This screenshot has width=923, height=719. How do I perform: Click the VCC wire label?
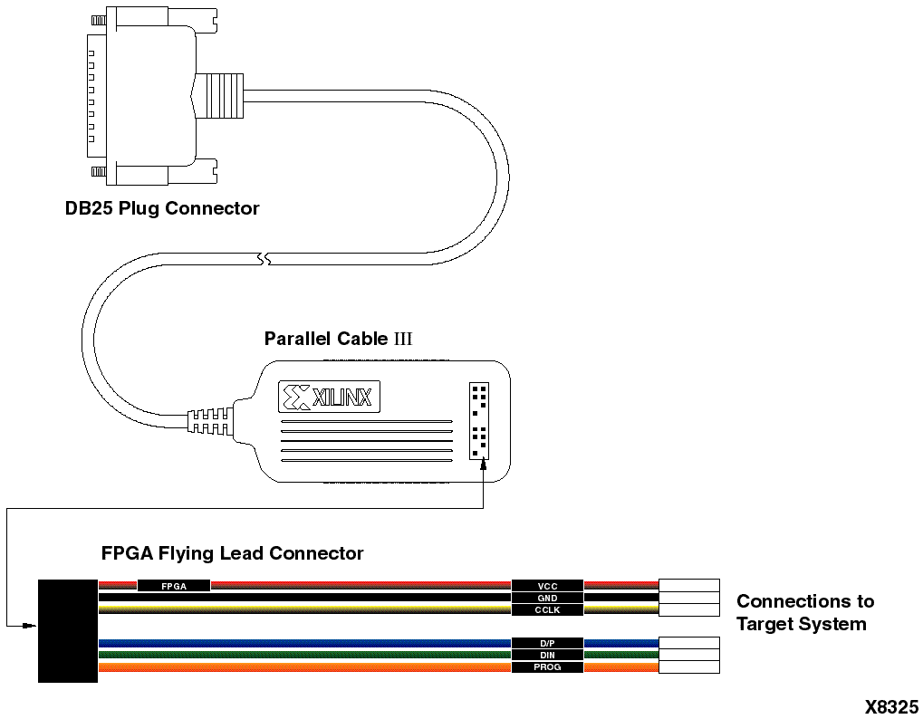click(547, 586)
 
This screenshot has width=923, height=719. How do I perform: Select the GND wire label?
click(547, 598)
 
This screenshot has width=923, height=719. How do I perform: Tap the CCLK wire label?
click(547, 610)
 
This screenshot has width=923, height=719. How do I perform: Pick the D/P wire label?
click(547, 643)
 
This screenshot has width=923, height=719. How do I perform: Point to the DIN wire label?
click(547, 655)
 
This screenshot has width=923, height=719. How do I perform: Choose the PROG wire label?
click(547, 667)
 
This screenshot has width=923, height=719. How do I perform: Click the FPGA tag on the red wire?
click(173, 586)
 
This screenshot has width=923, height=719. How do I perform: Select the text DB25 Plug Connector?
click(162, 208)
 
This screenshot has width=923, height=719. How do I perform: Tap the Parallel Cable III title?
click(338, 339)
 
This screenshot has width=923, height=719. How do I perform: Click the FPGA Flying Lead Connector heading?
click(232, 553)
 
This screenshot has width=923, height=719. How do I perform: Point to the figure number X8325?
click(891, 706)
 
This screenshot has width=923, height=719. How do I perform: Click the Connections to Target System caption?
click(804, 612)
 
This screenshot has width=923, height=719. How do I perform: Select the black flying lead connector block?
click(67, 630)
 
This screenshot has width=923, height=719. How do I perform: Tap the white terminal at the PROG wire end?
click(688, 667)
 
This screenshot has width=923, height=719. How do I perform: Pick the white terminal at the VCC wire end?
click(688, 585)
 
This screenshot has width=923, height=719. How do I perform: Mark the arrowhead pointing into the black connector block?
click(31, 625)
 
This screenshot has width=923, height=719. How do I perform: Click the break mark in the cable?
click(264, 260)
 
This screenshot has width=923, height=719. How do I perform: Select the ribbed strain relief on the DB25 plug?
click(221, 96)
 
